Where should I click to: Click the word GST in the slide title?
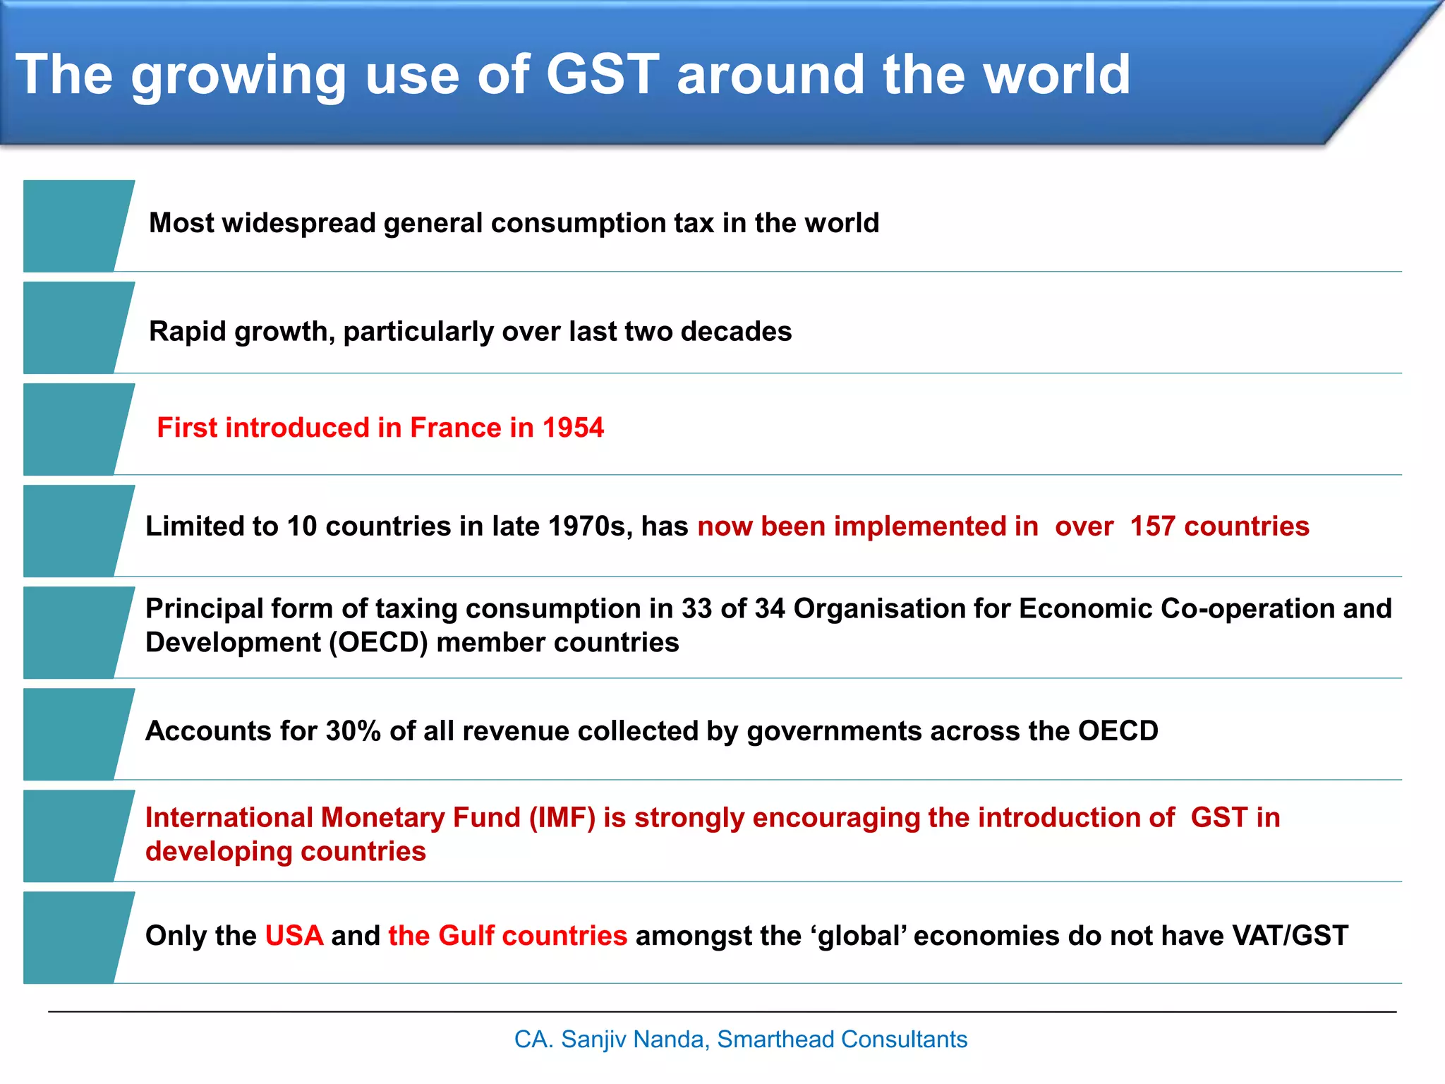tap(603, 74)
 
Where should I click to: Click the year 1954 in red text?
tap(573, 428)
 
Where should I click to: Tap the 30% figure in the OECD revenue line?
tap(353, 731)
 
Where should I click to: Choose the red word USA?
tap(294, 936)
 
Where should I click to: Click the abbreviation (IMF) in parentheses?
tap(562, 818)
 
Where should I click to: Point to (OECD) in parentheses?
tap(378, 643)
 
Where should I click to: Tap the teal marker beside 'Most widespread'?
tap(74, 226)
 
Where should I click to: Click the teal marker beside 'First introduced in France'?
tap(74, 429)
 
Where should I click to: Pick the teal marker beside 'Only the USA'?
tap(74, 937)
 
